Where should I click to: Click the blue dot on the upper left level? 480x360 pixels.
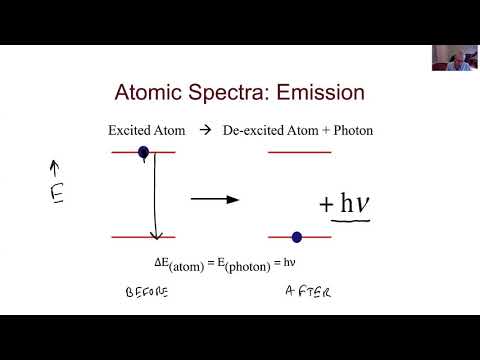click(144, 153)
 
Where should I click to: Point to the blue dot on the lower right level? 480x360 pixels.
click(296, 237)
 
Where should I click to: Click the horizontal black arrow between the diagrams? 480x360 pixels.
click(215, 200)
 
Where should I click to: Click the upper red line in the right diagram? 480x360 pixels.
click(300, 152)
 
